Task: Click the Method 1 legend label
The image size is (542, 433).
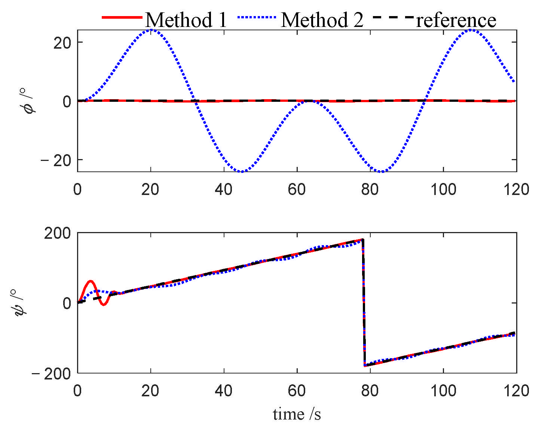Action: click(186, 20)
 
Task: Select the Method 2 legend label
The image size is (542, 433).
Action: click(322, 20)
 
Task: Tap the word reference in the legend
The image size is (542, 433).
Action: click(456, 20)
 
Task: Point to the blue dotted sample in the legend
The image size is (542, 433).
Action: click(257, 18)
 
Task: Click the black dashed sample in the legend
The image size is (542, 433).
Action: click(394, 18)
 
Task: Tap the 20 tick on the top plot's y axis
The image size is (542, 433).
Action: click(62, 43)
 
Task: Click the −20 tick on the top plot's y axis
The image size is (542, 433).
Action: click(57, 161)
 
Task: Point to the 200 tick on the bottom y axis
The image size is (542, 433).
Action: click(57, 233)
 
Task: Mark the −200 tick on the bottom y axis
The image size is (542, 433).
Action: click(52, 373)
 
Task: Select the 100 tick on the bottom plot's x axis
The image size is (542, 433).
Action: click(443, 391)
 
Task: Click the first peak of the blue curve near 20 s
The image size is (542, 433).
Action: click(151, 30)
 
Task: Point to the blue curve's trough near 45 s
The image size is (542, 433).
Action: click(242, 172)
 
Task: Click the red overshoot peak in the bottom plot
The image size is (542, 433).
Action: click(90, 281)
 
